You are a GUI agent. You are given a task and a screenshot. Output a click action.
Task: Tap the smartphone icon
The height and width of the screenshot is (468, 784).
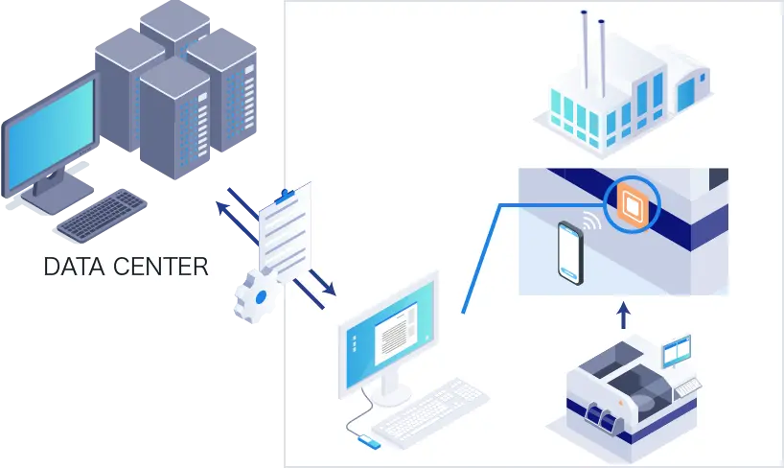coord(569,251)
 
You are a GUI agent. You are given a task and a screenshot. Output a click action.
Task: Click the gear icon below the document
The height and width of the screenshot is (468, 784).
coord(252,296)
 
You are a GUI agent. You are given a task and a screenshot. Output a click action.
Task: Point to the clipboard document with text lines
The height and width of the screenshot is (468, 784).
coord(285,229)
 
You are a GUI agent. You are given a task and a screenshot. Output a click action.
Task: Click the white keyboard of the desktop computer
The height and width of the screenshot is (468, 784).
coord(430,407)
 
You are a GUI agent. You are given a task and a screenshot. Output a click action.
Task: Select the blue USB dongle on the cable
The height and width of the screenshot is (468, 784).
coord(368,442)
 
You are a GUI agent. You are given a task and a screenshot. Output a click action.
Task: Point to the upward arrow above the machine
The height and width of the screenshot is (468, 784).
coord(623,315)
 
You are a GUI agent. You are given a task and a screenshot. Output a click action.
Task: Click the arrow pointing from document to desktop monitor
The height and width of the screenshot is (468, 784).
coord(316,287)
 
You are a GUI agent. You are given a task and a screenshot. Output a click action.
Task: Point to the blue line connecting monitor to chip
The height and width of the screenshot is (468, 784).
coord(481,259)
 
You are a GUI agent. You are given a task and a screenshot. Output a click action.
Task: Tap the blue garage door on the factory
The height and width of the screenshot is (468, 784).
coord(686,94)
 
